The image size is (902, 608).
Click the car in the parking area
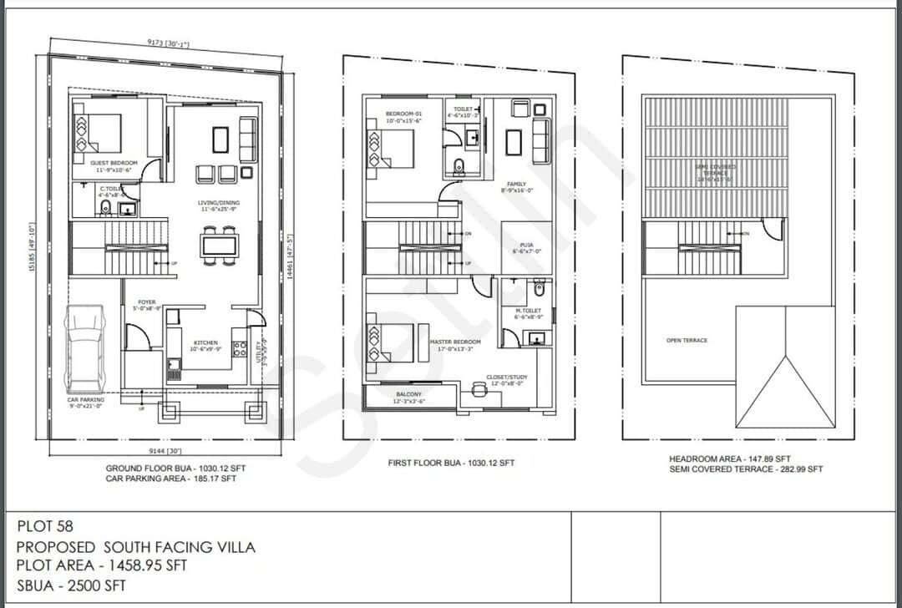point(86,348)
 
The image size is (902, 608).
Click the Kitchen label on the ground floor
point(205,343)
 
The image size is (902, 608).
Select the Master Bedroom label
point(455,342)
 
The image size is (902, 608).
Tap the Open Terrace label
point(687,341)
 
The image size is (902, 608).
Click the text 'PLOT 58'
point(45,527)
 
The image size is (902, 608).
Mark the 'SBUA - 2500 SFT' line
point(71,585)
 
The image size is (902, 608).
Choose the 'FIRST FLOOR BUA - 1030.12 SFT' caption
point(451,463)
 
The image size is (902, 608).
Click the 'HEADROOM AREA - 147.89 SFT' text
point(729,459)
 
